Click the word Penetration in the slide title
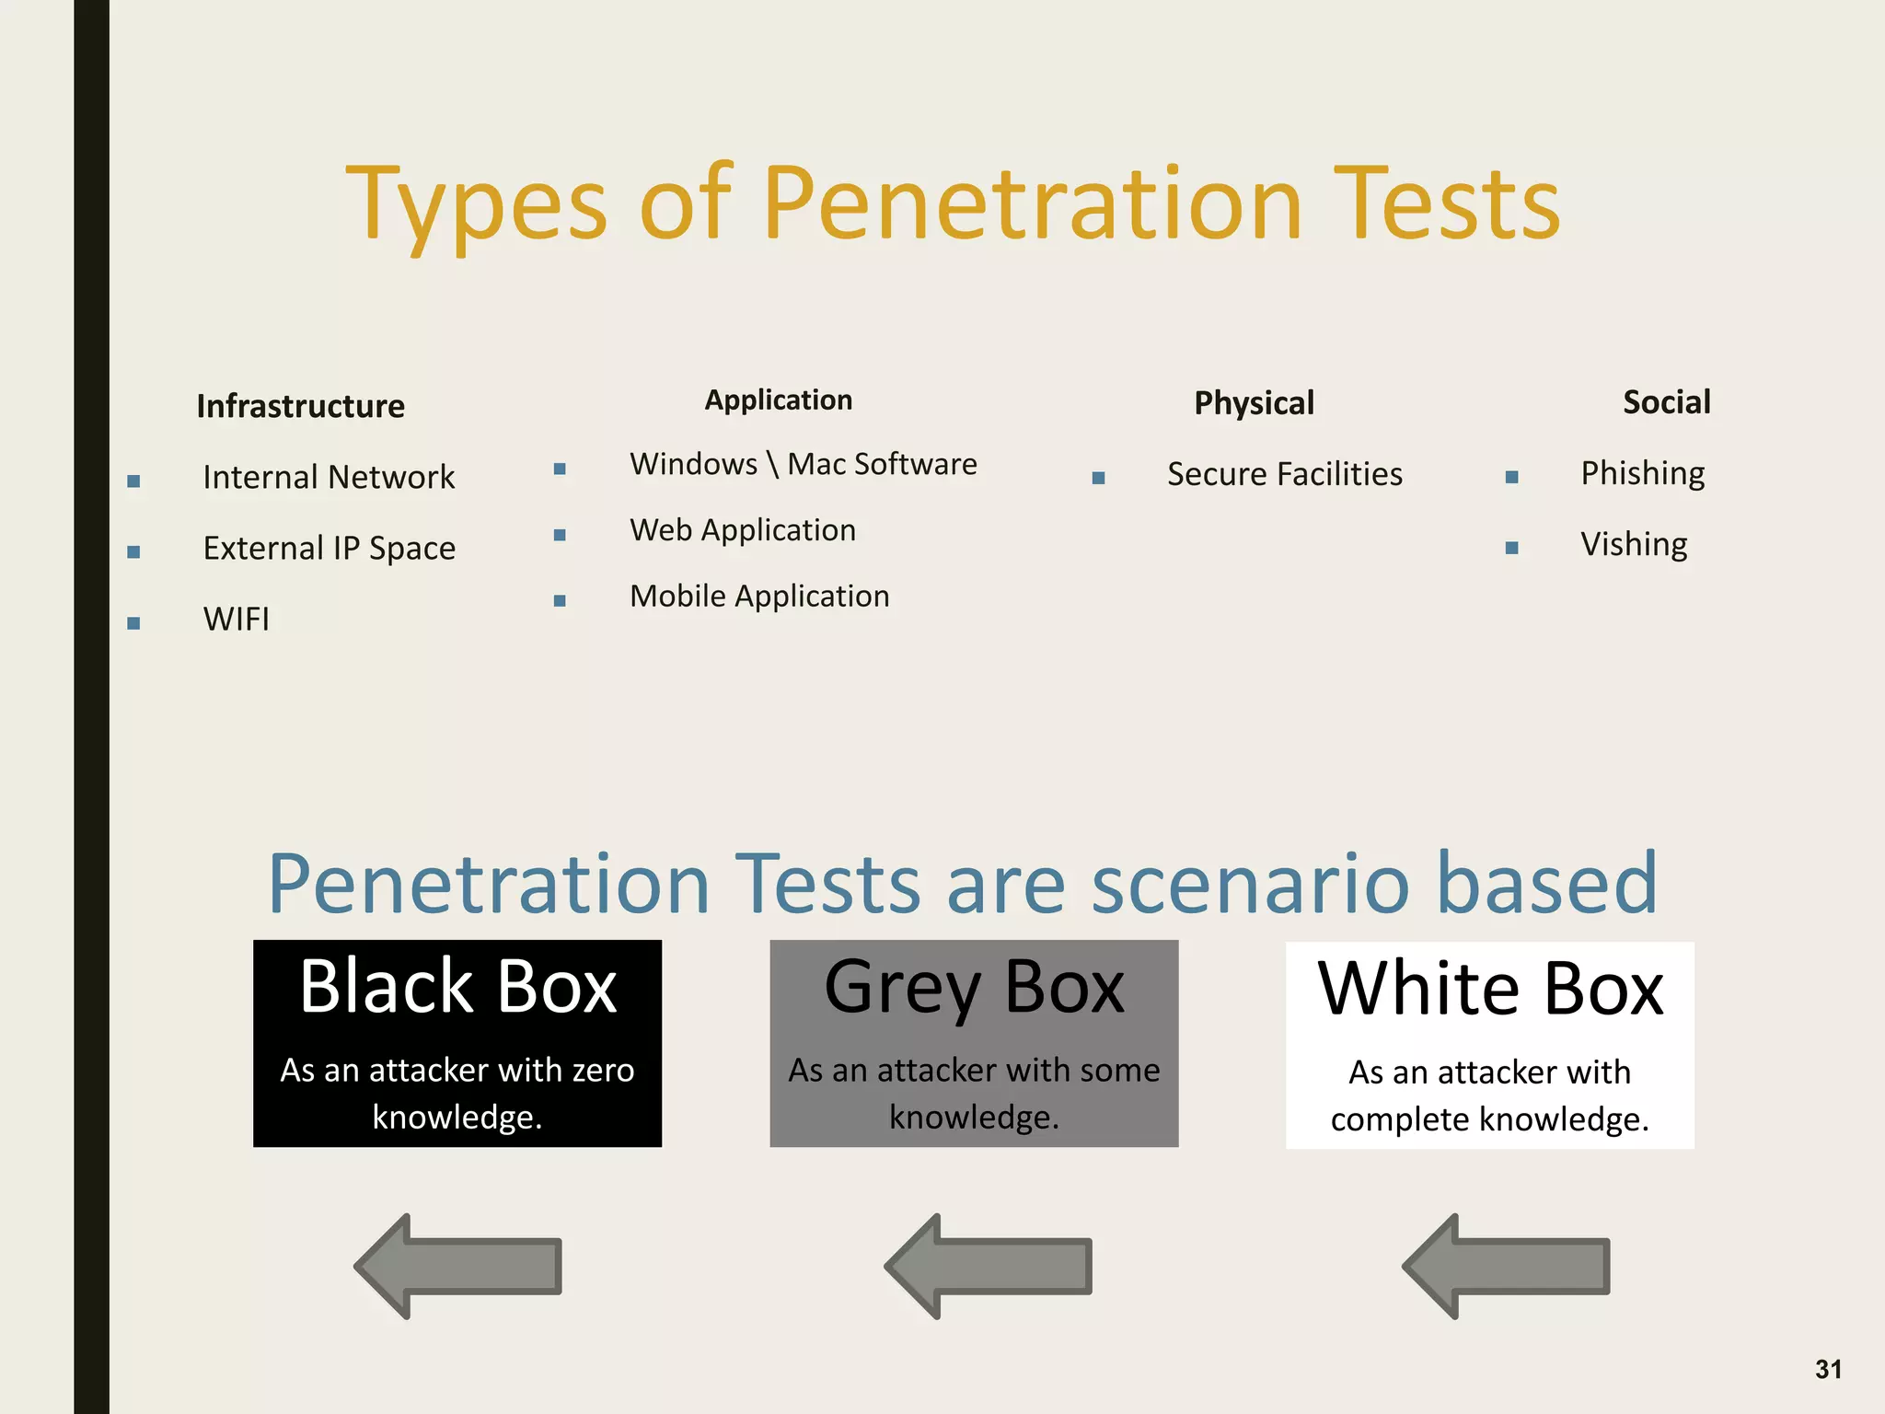coord(1032,204)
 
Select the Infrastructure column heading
coord(300,406)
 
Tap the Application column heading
coord(778,400)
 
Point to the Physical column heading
coord(1254,403)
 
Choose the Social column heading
coord(1666,402)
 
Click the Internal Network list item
coord(329,477)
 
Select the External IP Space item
coord(329,548)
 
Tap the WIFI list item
coord(237,619)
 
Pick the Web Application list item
coord(743,530)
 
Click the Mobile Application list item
coord(759,597)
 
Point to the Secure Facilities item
coord(1284,474)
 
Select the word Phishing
coord(1642,473)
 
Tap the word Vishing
coord(1634,544)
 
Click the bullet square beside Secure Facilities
coord(1098,478)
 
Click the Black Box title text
coord(457,987)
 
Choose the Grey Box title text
coord(974,987)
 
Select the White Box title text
coord(1490,989)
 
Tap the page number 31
coord(1828,1369)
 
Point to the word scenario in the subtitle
coord(1250,884)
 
